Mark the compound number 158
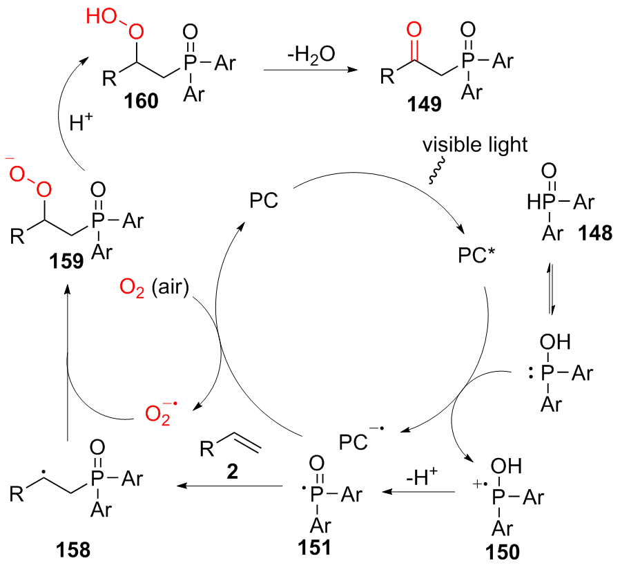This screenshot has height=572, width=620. (75, 549)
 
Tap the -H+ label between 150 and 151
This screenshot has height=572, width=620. (425, 475)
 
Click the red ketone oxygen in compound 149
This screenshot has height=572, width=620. (413, 30)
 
